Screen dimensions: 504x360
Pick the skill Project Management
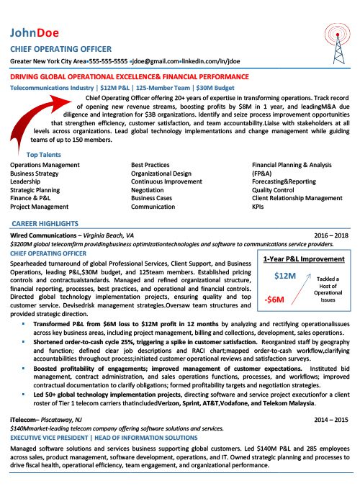40,206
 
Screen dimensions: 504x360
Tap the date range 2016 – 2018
333,235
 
